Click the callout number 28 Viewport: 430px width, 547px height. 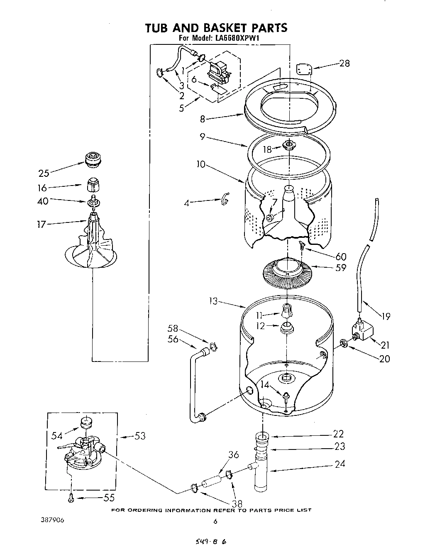(x=344, y=63)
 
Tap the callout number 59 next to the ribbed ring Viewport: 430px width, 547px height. (x=341, y=268)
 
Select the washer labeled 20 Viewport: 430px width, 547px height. (x=344, y=343)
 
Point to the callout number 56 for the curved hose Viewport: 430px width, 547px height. (x=173, y=339)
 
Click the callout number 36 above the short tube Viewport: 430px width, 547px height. (x=233, y=455)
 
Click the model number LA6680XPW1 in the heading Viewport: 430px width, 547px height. (x=235, y=39)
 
